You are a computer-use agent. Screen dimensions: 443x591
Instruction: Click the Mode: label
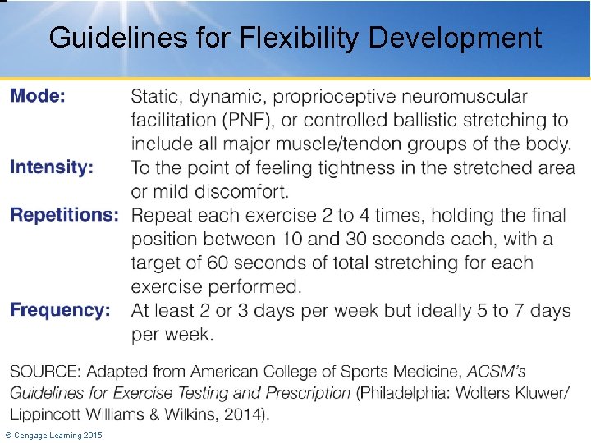pyautogui.click(x=38, y=96)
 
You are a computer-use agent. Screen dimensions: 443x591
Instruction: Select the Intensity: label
pyautogui.click(x=52, y=167)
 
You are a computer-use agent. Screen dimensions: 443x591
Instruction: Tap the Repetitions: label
pyautogui.click(x=64, y=215)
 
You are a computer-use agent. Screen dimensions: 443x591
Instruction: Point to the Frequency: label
pyautogui.click(x=60, y=310)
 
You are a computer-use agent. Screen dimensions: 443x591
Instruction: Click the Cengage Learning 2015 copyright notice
pyautogui.click(x=53, y=435)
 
